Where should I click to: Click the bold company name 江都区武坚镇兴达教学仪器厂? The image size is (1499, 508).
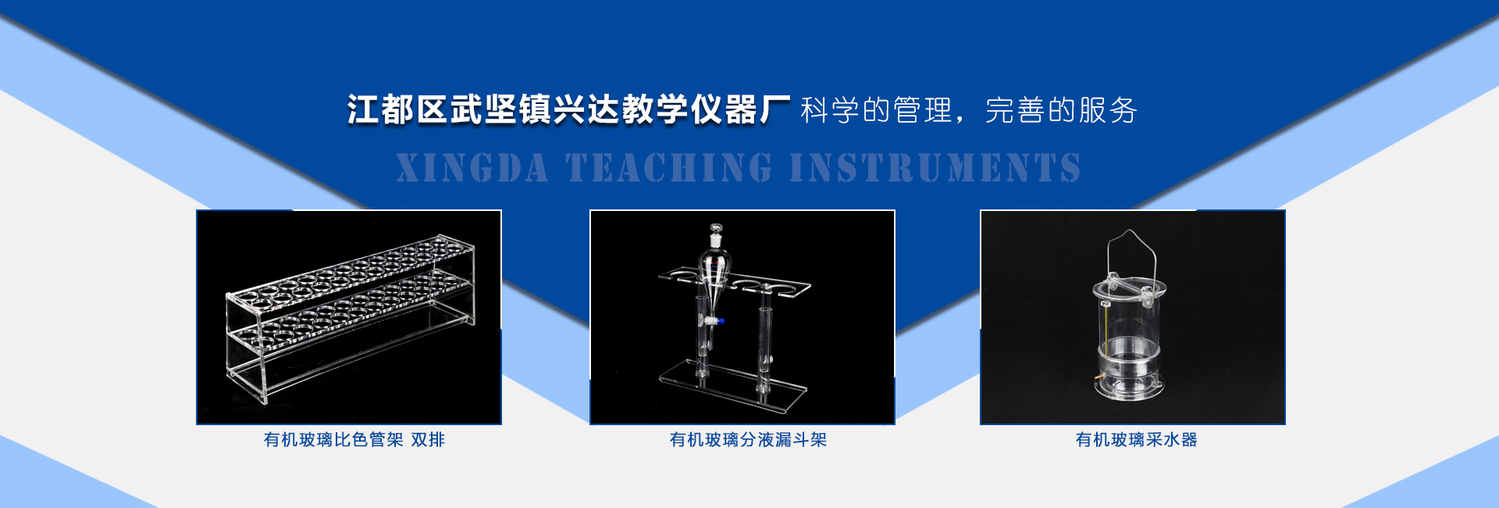point(568,109)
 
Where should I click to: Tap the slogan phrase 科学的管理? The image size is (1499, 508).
point(876,110)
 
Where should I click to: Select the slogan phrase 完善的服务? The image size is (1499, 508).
point(1061,110)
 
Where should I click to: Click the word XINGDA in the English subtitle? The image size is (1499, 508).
point(472,168)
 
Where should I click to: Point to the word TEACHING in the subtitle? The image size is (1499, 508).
point(669,168)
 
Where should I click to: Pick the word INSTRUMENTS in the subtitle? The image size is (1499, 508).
point(935,168)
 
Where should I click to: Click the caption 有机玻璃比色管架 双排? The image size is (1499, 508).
point(354,440)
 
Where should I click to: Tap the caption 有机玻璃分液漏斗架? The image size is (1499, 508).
point(748,440)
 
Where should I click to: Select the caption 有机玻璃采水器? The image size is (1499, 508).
point(1136,440)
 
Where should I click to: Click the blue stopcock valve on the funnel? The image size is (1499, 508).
point(721,320)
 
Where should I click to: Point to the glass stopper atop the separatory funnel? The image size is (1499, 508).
point(715,236)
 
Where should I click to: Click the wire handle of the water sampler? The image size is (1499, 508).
point(1131,258)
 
